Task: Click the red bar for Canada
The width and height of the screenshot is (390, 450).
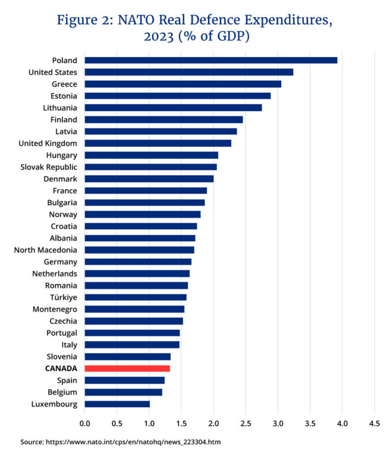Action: (127, 369)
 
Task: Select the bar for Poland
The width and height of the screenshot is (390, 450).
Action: (211, 60)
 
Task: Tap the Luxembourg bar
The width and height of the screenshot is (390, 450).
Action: (117, 404)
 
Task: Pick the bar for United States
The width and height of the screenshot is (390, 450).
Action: (189, 72)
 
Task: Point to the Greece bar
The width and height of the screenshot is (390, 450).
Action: (183, 84)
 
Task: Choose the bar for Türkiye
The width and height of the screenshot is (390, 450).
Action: (136, 297)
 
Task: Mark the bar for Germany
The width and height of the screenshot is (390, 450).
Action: (138, 262)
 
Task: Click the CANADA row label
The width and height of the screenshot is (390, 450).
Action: (61, 369)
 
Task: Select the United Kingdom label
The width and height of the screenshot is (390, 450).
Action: (48, 143)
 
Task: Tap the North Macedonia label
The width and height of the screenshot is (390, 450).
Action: (46, 250)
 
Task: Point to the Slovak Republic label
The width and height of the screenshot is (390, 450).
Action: (49, 167)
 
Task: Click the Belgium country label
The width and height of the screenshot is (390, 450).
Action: (62, 392)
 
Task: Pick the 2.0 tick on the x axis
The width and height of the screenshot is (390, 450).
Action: (213, 424)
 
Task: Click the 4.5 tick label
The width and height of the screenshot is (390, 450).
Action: (375, 424)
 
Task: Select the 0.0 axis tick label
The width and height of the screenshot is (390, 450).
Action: (84, 424)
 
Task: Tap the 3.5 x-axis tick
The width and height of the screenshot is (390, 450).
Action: (310, 424)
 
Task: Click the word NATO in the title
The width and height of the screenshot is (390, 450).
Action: (136, 20)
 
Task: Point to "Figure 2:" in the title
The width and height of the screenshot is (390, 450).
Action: (85, 21)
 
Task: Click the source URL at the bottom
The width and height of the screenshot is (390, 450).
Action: (133, 442)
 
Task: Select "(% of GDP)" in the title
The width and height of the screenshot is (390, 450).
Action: (214, 36)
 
